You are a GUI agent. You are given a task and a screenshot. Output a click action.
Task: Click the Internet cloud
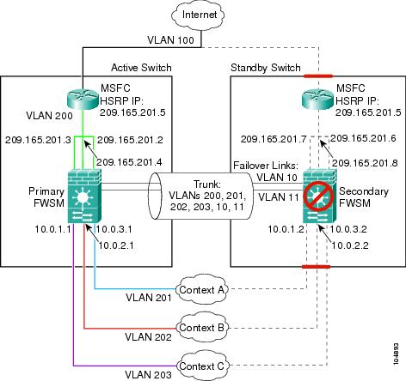pos(198,15)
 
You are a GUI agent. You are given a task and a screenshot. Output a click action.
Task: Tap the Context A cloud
pos(201,289)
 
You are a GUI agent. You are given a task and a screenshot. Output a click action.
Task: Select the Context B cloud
pos(201,327)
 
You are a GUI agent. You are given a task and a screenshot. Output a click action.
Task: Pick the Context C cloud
pos(201,366)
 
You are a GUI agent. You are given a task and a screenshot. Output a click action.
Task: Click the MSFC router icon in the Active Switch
pos(83,98)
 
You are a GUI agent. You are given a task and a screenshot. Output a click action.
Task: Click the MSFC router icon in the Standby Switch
pos(317,98)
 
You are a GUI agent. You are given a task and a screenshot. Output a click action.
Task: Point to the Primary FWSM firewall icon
pos(84,196)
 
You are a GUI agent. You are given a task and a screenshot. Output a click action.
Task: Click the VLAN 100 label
pos(171,40)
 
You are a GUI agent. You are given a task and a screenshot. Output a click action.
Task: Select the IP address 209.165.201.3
pos(38,140)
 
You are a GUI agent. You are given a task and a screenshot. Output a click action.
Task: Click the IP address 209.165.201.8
pos(365,163)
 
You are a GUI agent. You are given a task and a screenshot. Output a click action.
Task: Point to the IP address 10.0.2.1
pos(116,245)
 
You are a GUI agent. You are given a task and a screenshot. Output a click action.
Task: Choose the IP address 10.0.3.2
pos(348,229)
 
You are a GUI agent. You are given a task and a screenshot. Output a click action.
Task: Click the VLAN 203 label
pos(148,374)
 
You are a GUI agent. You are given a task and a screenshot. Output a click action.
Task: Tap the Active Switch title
pos(141,68)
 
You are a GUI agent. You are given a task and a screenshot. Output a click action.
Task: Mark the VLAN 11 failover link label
pos(279,197)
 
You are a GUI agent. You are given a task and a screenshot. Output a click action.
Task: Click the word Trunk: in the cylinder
pos(206,184)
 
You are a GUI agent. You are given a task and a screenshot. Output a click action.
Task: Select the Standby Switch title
pos(266,68)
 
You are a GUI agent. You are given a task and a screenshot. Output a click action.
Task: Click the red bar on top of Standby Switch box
pos(318,76)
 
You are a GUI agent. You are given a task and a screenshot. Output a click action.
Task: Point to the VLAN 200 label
pos(49,116)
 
